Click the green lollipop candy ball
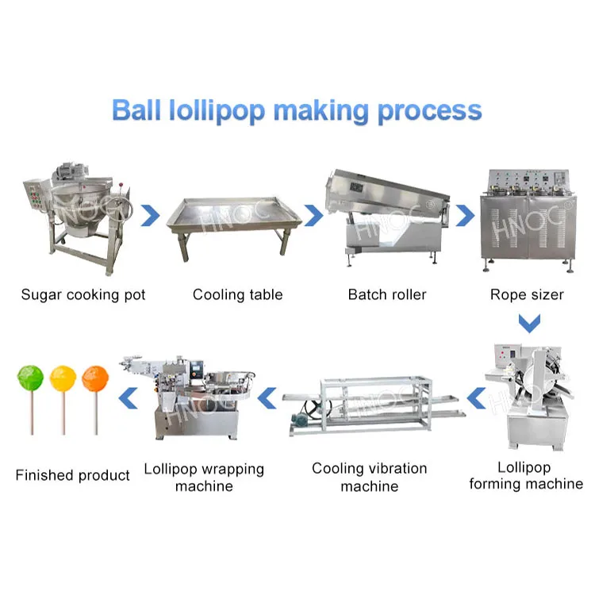coord(29,377)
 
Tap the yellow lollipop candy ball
coord(63,378)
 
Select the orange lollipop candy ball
coord(94,378)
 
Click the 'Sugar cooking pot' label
coord(83,295)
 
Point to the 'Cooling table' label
coord(237,295)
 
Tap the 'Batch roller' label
coord(387,295)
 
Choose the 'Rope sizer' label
coord(527,295)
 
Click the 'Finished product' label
coord(72,476)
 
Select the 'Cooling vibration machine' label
coord(369,477)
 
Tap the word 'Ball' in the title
coord(137,109)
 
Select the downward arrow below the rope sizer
coord(528,324)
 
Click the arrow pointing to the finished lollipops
coord(126,397)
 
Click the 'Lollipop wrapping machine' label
coord(203,477)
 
